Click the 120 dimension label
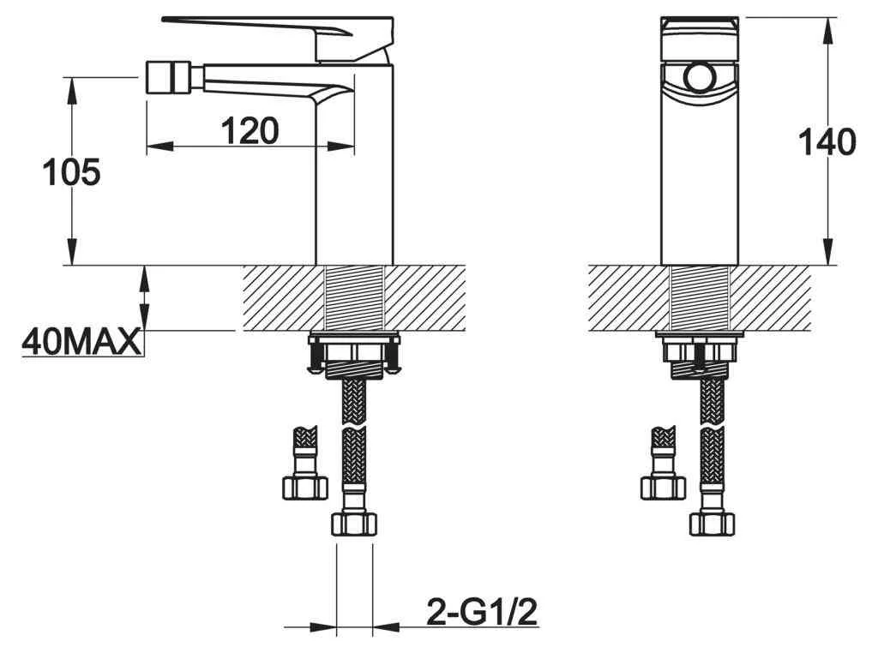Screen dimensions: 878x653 250,130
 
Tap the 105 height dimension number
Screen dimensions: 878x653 72,171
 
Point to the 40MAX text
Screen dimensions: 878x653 81,342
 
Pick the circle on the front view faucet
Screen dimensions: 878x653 700,77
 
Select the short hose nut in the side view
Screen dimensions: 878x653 304,487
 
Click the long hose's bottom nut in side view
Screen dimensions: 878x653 353,524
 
